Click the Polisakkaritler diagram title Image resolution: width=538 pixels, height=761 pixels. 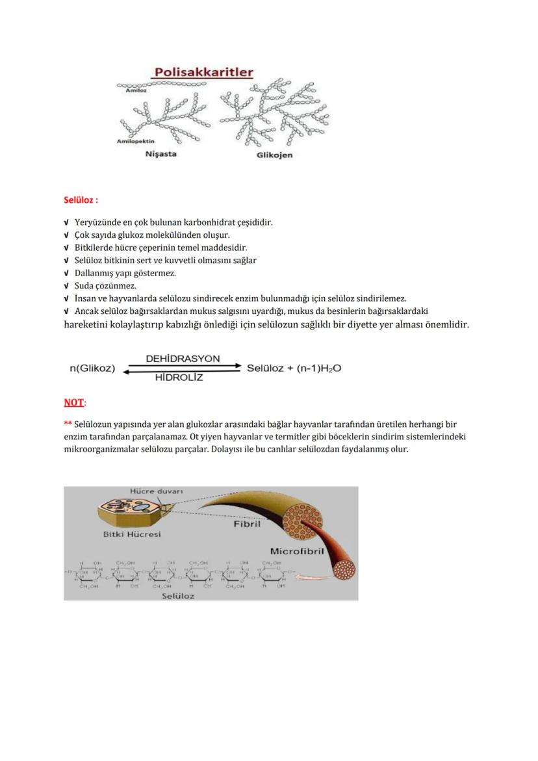(x=203, y=72)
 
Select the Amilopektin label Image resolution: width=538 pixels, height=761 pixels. (x=135, y=141)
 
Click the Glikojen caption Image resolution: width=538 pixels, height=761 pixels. (x=274, y=155)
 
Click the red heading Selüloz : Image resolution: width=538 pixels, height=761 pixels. (x=81, y=200)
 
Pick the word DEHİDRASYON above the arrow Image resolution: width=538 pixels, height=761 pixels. (x=183, y=359)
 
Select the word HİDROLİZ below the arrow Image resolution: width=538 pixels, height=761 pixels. (x=179, y=378)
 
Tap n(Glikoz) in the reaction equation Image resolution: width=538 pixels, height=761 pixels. (x=92, y=368)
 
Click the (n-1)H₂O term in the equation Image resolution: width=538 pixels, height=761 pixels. (x=318, y=368)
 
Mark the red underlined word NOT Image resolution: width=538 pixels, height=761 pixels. (x=73, y=402)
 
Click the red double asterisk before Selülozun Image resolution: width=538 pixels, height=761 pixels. (x=68, y=424)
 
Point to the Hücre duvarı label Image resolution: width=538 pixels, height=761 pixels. (x=156, y=491)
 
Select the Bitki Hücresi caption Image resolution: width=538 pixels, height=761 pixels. (x=132, y=534)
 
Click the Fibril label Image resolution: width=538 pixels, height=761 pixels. (x=247, y=524)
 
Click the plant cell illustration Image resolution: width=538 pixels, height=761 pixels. (x=132, y=510)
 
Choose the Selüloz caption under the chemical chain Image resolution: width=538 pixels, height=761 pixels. (x=178, y=595)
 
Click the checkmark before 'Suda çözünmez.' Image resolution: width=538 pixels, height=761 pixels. (x=67, y=286)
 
